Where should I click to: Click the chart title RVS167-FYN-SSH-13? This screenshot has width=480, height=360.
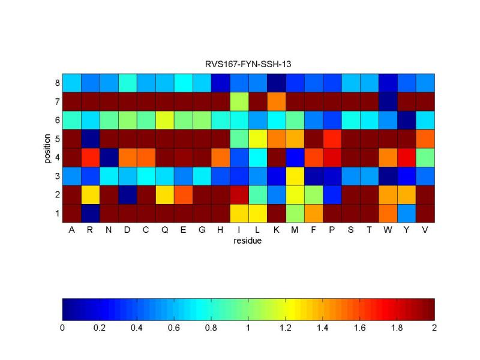pyautogui.click(x=248, y=64)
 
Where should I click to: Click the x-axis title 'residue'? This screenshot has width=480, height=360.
pyautogui.click(x=248, y=241)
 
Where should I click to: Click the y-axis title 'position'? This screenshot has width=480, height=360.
pyautogui.click(x=47, y=148)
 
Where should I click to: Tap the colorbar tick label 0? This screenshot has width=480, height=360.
pyautogui.click(x=62, y=328)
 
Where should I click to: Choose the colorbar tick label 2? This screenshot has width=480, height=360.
pyautogui.click(x=434, y=328)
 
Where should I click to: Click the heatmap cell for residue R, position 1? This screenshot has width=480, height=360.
pyautogui.click(x=90, y=213)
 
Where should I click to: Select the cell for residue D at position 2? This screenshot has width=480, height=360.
pyautogui.click(x=127, y=194)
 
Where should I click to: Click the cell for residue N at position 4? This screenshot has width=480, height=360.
pyautogui.click(x=109, y=157)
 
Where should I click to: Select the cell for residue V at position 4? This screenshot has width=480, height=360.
pyautogui.click(x=425, y=157)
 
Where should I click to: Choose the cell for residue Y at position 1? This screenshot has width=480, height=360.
pyautogui.click(x=406, y=213)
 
